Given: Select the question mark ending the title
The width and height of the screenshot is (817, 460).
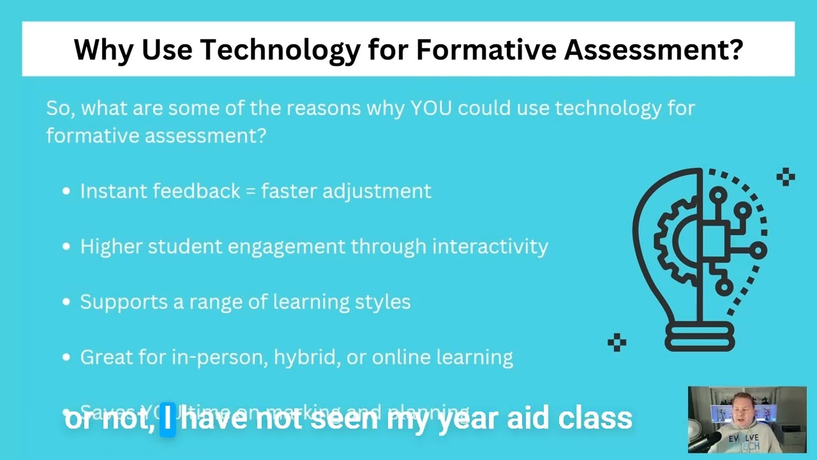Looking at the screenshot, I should point(736,49).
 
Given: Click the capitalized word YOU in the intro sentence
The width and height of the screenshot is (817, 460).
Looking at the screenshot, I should point(431,108).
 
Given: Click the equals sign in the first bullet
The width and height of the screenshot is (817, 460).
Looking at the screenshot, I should point(251,192).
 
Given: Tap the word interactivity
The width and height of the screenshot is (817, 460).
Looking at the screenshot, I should point(490,247).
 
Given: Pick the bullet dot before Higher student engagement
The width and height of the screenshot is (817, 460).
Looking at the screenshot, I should point(66,247).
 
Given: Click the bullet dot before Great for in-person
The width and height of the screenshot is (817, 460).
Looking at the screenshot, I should point(66,358).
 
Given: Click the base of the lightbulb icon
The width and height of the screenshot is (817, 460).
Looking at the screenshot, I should point(700,337).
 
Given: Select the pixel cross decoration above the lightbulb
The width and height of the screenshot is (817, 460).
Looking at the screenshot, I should point(786,177).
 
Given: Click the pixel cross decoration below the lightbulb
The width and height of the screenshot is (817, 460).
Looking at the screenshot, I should point(617,342).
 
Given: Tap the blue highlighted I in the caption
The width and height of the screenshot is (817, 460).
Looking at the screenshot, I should point(167,419).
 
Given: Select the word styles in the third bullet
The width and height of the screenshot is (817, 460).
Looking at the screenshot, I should point(384,302).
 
